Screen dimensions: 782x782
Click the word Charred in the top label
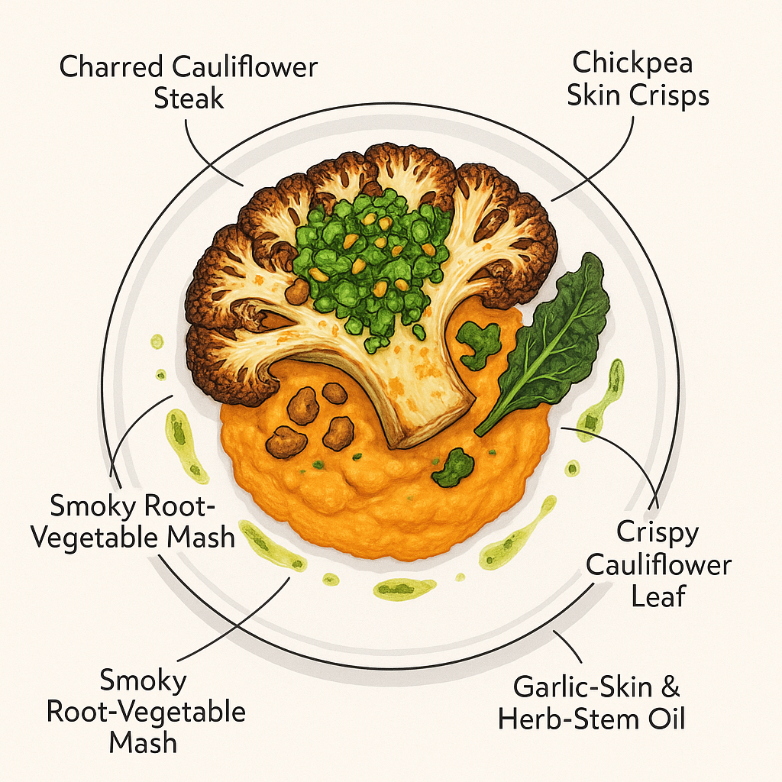click(x=111, y=67)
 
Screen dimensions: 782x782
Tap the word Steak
click(x=189, y=99)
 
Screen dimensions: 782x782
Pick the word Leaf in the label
click(x=658, y=596)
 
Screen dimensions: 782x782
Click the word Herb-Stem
click(x=566, y=719)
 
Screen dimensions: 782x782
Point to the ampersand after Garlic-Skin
click(x=668, y=687)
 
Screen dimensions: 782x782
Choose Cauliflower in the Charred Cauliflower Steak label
click(x=245, y=67)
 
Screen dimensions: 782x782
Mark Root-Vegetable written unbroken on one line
click(x=147, y=712)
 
